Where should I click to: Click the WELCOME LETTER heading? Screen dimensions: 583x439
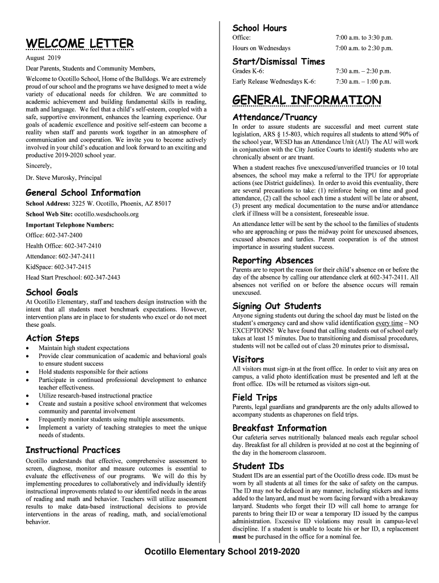tap(80, 44)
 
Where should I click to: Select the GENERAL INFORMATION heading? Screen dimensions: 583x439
tap(307, 101)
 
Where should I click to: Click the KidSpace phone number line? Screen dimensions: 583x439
tap(58, 266)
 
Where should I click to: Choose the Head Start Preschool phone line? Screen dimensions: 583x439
tap(73, 277)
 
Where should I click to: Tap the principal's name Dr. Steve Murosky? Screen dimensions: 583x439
tap(64, 178)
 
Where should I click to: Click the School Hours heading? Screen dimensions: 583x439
tap(259, 28)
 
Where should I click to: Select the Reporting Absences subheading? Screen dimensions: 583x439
tap(273, 260)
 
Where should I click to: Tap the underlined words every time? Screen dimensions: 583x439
tap(390, 323)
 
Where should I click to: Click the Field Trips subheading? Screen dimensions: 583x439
tap(255, 397)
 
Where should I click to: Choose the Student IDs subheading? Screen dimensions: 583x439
tap(258, 466)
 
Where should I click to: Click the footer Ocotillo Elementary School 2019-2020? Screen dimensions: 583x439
tap(221, 552)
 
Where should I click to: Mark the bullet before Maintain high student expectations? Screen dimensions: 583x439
tap(29, 348)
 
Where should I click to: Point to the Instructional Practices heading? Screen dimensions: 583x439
tap(73, 450)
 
